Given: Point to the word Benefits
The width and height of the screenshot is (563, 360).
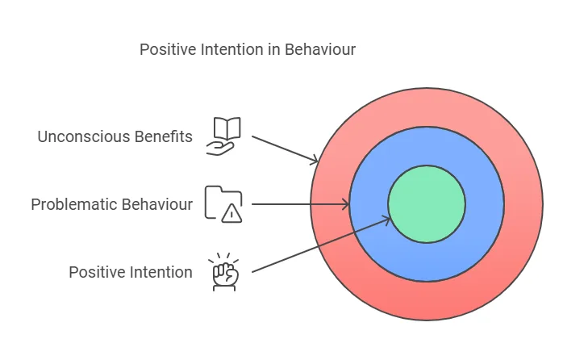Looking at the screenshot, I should (x=166, y=136).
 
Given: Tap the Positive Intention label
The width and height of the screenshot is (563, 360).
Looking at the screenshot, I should (x=131, y=272).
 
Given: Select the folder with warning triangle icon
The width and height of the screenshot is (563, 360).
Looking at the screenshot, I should (x=223, y=203).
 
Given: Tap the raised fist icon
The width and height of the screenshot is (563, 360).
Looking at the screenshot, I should (x=223, y=271).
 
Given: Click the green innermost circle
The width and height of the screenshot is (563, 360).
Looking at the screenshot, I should (x=427, y=204).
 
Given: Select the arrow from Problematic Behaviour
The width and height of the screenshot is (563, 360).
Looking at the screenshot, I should (x=298, y=204).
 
